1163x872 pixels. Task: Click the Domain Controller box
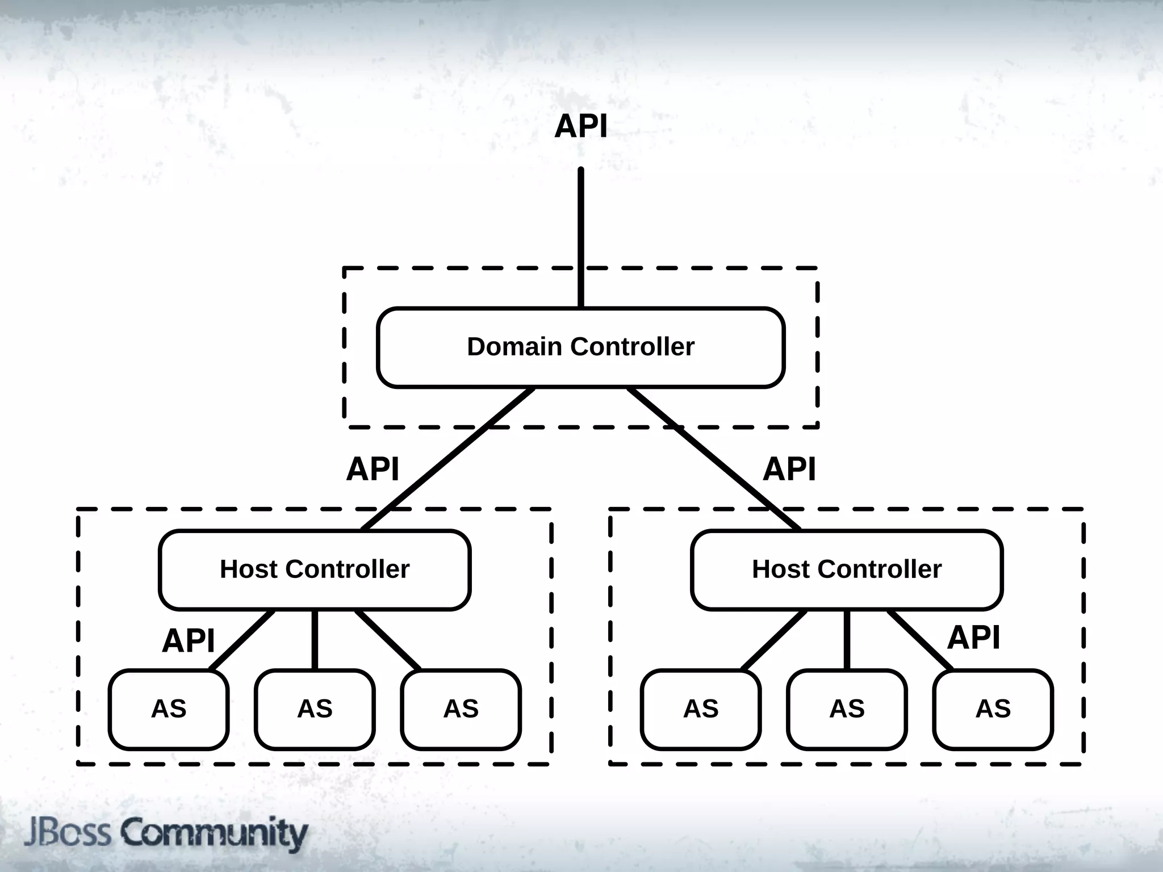pos(580,347)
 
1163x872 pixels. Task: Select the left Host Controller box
pos(315,569)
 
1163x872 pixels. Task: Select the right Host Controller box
pos(847,569)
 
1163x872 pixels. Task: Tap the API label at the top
pos(580,126)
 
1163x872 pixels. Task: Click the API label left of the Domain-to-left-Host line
pos(373,469)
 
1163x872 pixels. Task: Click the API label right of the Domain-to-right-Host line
pos(789,469)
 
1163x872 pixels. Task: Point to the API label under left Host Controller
pos(188,641)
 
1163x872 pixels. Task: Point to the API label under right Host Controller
pos(973,637)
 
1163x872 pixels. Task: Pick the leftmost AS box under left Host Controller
pos(169,709)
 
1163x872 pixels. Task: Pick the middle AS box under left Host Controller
pos(315,709)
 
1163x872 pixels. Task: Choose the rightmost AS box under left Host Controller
pos(461,709)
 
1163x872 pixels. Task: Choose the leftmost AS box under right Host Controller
pos(701,709)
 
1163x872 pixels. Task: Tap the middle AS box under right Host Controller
pos(847,709)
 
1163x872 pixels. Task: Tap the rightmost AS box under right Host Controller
pos(993,709)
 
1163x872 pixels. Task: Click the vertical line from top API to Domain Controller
pos(580,238)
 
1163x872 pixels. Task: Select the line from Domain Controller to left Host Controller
pos(449,459)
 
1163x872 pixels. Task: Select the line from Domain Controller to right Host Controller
pos(713,459)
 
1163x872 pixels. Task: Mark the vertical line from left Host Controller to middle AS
pos(315,640)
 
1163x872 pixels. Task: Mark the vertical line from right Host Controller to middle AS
pos(847,640)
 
